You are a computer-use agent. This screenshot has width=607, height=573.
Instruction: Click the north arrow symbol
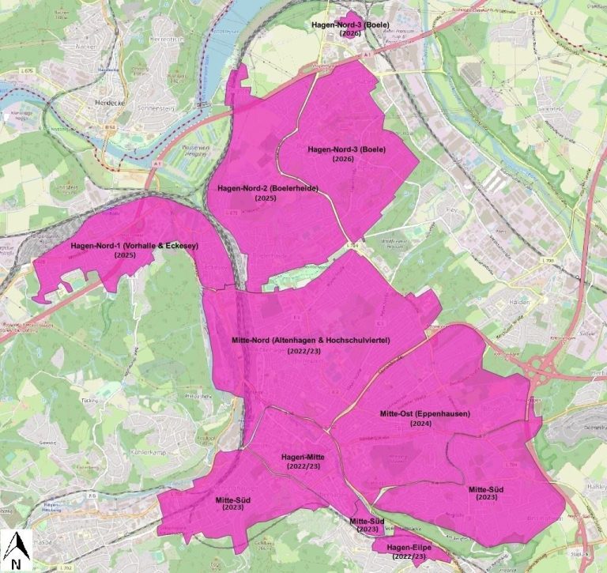coord(17,547)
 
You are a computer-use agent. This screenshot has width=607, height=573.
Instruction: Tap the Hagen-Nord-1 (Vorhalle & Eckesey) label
coord(134,247)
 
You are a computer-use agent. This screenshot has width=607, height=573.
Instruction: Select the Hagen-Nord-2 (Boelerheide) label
coord(262,189)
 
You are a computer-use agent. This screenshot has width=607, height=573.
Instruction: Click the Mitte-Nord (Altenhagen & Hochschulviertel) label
coord(311,340)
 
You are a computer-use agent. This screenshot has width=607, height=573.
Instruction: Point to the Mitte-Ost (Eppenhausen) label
coord(424,414)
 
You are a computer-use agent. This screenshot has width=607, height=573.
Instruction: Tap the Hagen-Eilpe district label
coord(413,547)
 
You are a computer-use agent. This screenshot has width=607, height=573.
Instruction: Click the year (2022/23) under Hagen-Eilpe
coord(413,556)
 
